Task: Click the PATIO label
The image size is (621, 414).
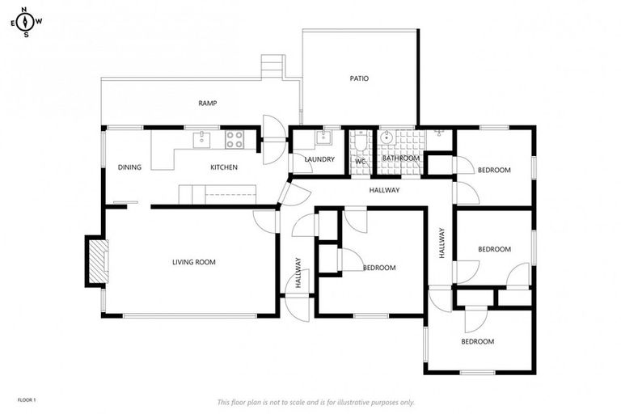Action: tap(359, 78)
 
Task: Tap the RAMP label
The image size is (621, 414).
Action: tap(208, 103)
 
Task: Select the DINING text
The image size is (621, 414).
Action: tap(129, 167)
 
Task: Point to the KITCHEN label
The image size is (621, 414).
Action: tap(224, 167)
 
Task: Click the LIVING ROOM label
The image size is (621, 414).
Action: tap(193, 262)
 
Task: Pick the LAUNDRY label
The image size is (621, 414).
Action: tap(319, 159)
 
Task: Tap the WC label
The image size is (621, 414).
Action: tap(361, 160)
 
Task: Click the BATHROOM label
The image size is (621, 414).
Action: tap(401, 158)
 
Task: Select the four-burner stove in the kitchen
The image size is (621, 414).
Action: tap(234, 140)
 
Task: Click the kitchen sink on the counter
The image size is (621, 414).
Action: tap(201, 140)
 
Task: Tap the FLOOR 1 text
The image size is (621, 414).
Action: tap(27, 399)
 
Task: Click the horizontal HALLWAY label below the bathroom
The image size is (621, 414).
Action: tap(384, 191)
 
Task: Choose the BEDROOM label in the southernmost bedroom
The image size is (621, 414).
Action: tap(477, 342)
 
